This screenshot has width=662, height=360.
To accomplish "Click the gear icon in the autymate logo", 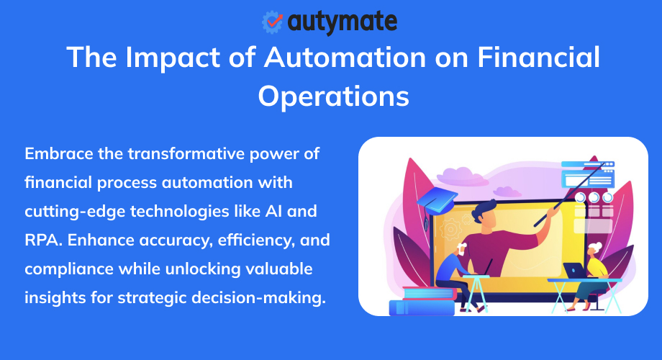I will point(272,22).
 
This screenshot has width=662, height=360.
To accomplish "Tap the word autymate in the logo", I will point(342,22).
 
